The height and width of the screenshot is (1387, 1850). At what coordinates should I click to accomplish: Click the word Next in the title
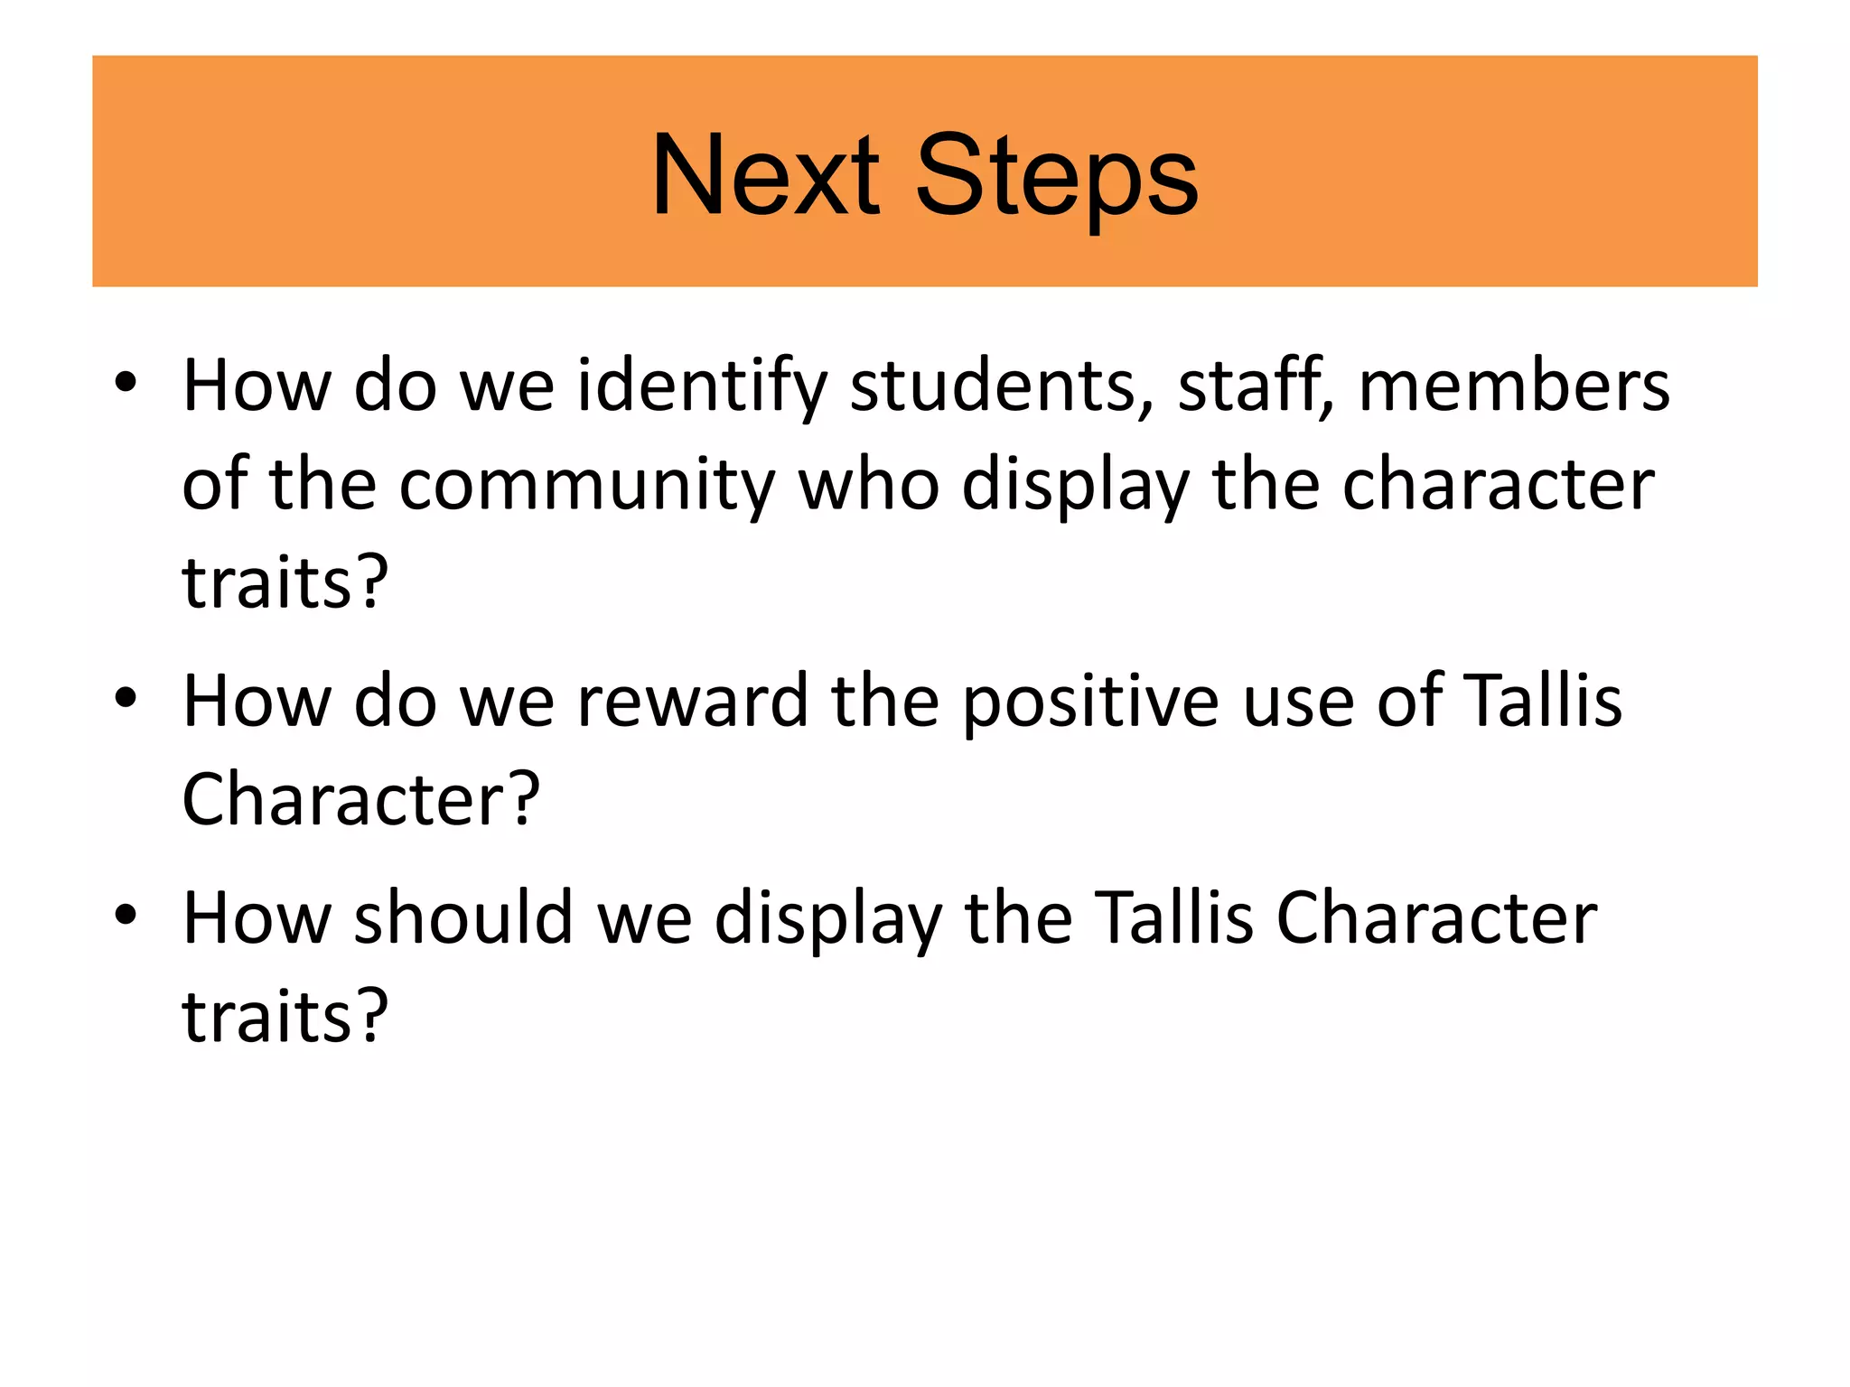[x=764, y=175]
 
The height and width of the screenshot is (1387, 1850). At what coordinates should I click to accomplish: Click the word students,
[x=1002, y=386]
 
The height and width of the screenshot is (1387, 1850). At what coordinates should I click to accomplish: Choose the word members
[x=1514, y=386]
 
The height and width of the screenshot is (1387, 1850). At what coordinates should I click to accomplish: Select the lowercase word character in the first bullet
[x=1498, y=486]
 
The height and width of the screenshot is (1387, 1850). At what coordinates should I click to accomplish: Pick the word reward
[x=692, y=702]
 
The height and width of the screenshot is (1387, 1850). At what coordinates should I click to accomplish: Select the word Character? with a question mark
[x=360, y=800]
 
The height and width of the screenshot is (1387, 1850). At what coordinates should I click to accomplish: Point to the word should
[x=463, y=918]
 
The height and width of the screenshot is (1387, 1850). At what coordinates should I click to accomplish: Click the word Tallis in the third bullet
[x=1173, y=918]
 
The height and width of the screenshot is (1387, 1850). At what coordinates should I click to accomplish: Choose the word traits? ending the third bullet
[x=285, y=1017]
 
